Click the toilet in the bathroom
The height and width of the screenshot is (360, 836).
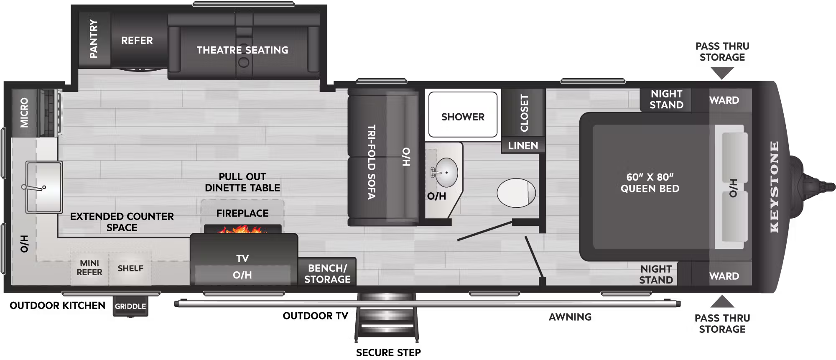tap(516, 193)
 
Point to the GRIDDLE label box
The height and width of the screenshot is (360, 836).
tap(130, 306)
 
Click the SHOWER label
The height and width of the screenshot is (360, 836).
tap(463, 117)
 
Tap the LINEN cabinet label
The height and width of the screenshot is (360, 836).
tap(523, 146)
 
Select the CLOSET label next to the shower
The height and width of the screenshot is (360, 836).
tap(524, 113)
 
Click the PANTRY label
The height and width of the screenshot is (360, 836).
tap(93, 39)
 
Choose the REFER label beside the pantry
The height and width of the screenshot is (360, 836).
tap(137, 41)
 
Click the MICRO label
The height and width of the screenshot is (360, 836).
tap(24, 112)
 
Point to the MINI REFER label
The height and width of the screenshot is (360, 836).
tap(89, 268)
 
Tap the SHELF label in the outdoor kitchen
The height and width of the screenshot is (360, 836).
tap(130, 268)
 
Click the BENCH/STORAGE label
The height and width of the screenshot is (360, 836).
tap(328, 273)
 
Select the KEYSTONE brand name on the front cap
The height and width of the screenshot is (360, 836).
tap(774, 187)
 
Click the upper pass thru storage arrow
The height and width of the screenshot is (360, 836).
tap(722, 74)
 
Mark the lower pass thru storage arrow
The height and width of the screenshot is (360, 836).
tap(722, 301)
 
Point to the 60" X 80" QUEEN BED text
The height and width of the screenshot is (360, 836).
tap(650, 183)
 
